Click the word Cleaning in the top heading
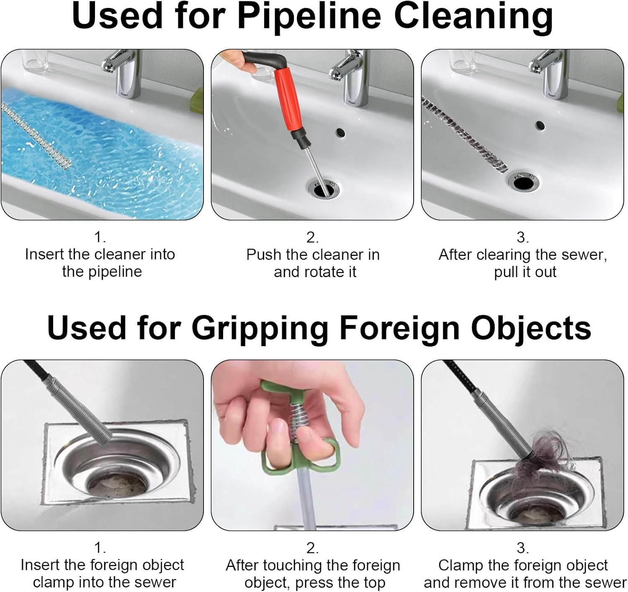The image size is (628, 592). (x=473, y=16)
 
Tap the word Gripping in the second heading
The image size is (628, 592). (x=260, y=327)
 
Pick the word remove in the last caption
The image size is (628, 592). (x=489, y=582)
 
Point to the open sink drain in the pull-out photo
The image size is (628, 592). (x=523, y=182)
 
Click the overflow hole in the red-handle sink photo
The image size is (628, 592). (x=340, y=133)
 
